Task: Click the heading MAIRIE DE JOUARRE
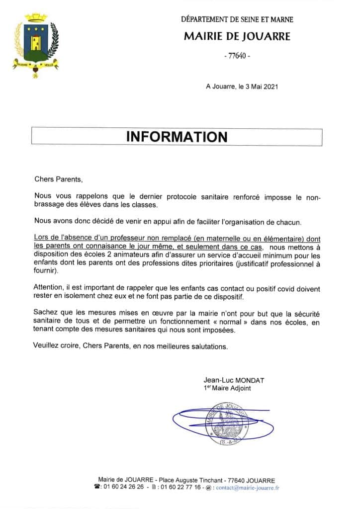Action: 237,37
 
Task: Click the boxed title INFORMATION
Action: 177,137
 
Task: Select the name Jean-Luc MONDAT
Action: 234,380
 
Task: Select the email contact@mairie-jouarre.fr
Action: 248,488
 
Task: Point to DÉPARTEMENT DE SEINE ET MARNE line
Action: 237,20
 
